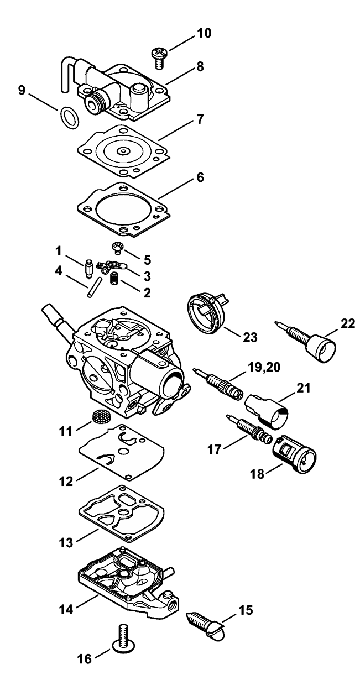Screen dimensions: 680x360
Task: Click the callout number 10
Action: tap(203, 34)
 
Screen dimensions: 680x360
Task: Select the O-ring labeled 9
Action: tap(69, 116)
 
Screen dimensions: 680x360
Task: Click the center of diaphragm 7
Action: tap(123, 149)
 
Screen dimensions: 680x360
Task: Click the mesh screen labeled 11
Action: tap(100, 417)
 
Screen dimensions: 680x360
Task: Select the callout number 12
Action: tap(66, 480)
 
